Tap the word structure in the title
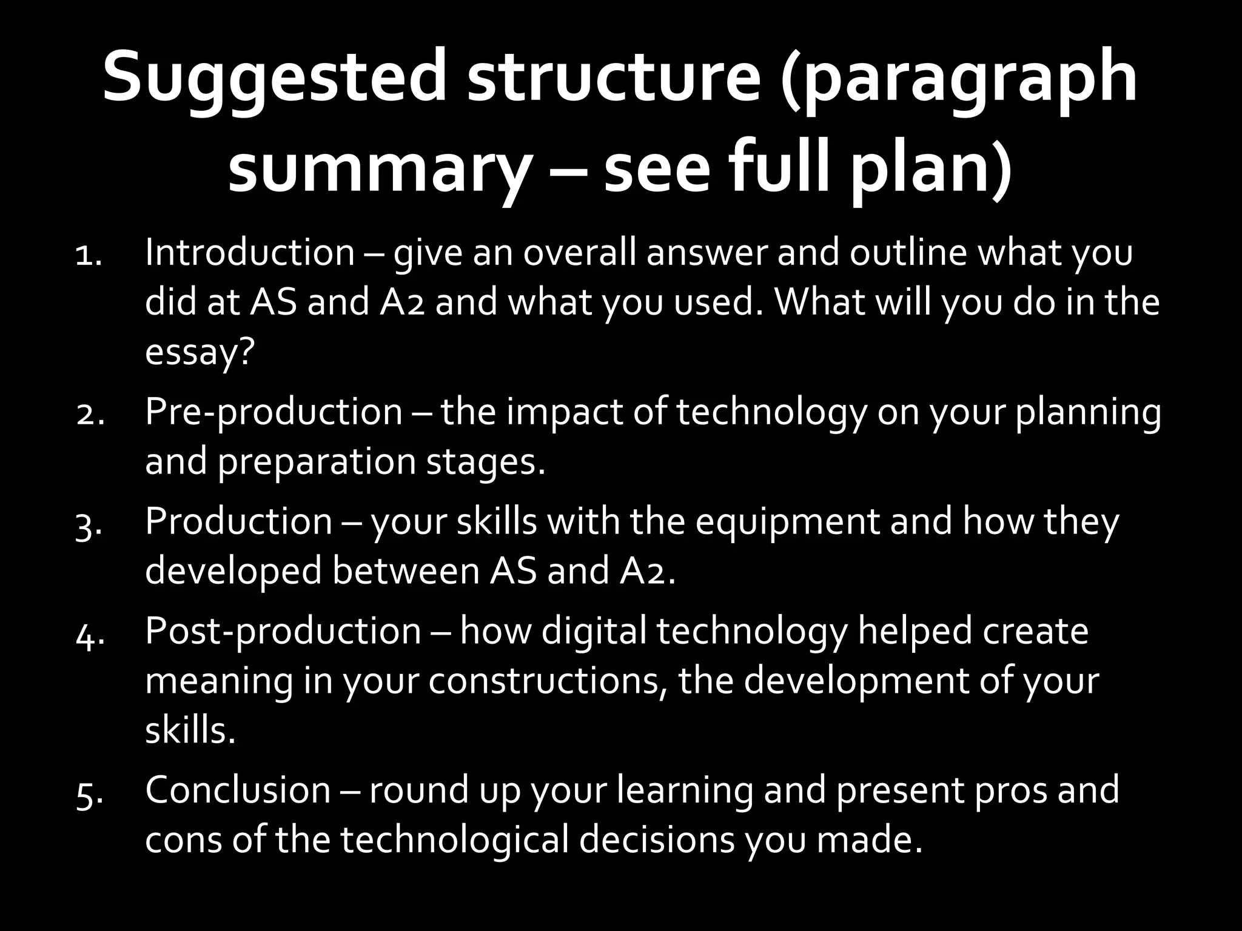pos(613,78)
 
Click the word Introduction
pos(250,253)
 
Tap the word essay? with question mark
pos(198,352)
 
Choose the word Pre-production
pos(274,412)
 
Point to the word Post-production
pos(283,632)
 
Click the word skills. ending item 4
pos(190,730)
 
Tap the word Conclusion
pos(238,790)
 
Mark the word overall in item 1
pos(579,253)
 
